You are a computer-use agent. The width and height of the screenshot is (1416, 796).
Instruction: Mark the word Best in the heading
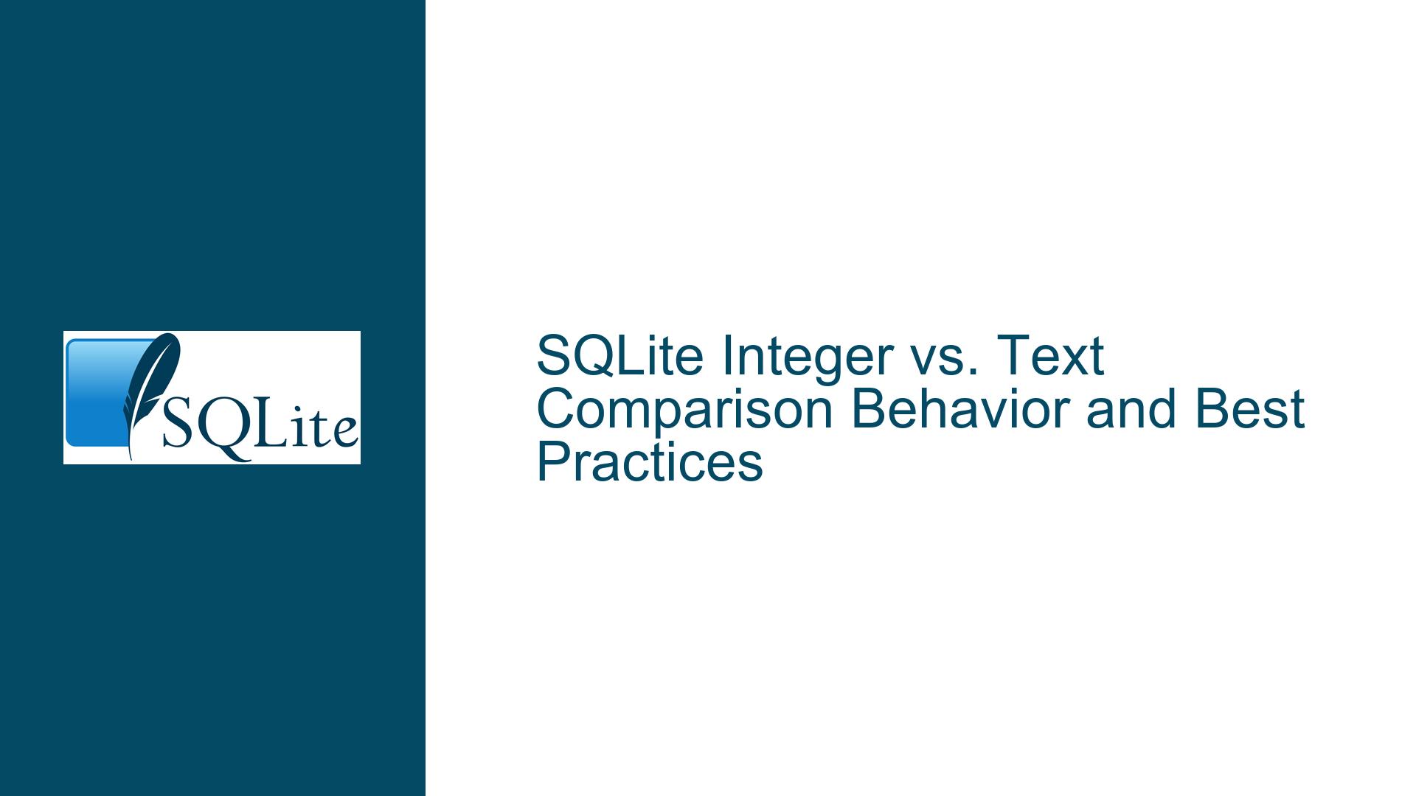click(x=1249, y=410)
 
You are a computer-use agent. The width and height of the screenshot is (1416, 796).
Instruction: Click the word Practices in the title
click(x=649, y=464)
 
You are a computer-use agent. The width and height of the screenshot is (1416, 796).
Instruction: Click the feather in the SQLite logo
click(x=151, y=391)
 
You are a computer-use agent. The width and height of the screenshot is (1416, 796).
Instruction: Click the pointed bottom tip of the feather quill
click(x=131, y=460)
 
